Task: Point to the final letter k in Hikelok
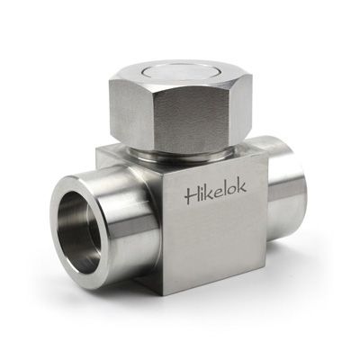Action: click(x=242, y=186)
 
